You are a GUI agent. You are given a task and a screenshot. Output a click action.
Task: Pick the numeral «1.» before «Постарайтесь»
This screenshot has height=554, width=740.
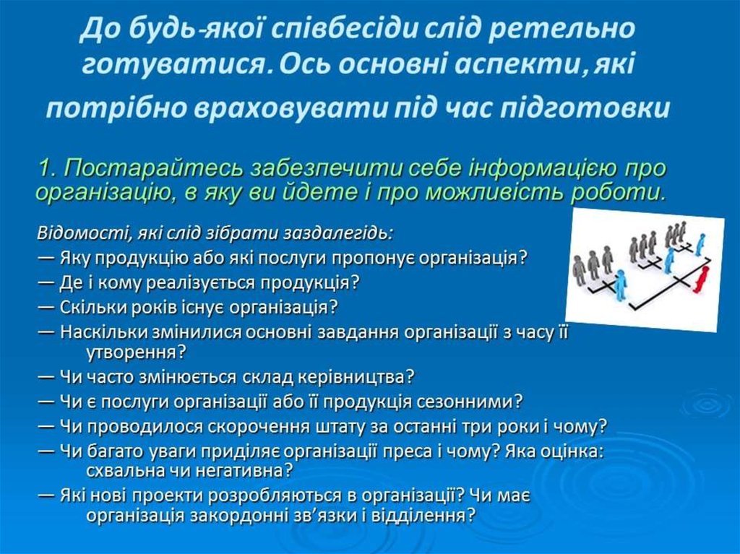coord(48,168)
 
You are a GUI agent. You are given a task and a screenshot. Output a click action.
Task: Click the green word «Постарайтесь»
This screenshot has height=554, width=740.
coord(154,168)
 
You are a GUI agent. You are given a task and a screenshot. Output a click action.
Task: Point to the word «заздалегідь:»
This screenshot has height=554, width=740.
coord(338,234)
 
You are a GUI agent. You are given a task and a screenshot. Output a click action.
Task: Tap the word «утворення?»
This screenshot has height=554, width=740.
coord(137,352)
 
